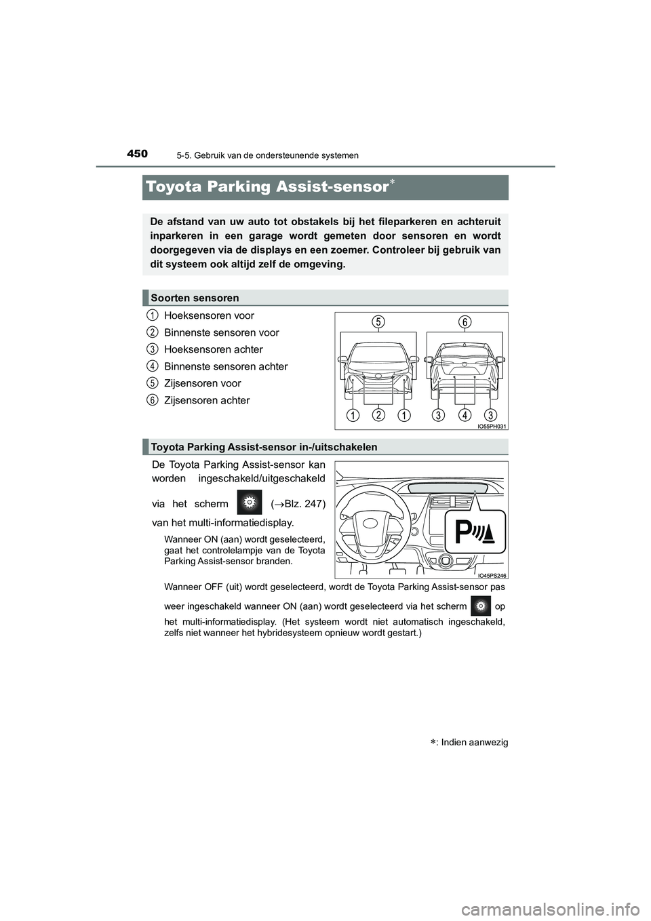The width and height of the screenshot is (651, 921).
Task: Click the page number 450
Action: coord(136,153)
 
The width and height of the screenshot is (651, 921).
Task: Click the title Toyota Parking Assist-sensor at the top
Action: coord(266,187)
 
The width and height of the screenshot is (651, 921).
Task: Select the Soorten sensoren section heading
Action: coord(195,298)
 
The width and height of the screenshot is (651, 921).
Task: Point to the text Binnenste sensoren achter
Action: coord(226,366)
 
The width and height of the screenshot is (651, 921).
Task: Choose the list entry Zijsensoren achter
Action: coord(207,400)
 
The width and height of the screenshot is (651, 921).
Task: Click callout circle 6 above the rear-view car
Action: coord(464,322)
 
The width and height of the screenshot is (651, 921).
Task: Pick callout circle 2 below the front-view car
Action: coord(378,414)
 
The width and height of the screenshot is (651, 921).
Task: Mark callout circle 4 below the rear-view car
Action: coord(465,414)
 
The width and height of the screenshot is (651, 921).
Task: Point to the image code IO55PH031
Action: coord(492,426)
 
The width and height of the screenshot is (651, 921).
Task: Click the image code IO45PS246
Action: coord(492,575)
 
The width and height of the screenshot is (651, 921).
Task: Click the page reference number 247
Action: coord(315,503)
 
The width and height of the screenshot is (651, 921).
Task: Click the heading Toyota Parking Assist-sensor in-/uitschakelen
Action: coord(264,447)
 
